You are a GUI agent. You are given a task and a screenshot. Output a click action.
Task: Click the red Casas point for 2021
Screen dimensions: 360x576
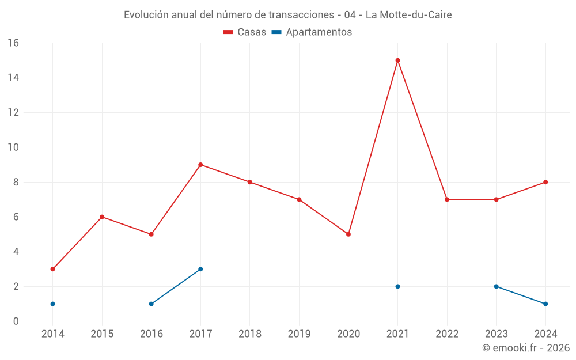pyautogui.click(x=397, y=60)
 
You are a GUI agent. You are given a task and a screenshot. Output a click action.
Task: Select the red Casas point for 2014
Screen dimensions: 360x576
pyautogui.click(x=52, y=269)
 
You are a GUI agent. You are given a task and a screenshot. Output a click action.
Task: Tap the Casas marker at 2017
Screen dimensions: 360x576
pyautogui.click(x=200, y=165)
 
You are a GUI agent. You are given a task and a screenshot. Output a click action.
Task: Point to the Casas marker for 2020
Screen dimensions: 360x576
pyautogui.click(x=348, y=234)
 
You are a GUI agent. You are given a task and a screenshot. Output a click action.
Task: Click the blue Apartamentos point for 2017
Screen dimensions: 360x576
pyautogui.click(x=200, y=269)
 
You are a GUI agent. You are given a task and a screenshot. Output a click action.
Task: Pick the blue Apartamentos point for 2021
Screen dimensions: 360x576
pyautogui.click(x=397, y=286)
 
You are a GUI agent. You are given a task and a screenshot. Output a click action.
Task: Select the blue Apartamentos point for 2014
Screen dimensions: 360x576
pyautogui.click(x=52, y=304)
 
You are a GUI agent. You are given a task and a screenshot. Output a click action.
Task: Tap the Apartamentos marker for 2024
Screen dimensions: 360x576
pyautogui.click(x=545, y=304)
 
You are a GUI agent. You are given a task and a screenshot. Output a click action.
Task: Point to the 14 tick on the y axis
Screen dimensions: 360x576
pyautogui.click(x=13, y=78)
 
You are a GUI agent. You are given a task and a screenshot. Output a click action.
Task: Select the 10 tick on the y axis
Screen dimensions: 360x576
pyautogui.click(x=13, y=147)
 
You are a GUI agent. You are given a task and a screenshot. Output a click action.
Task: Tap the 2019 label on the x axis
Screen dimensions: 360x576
pyautogui.click(x=299, y=334)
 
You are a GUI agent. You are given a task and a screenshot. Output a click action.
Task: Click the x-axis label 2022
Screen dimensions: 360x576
pyautogui.click(x=447, y=334)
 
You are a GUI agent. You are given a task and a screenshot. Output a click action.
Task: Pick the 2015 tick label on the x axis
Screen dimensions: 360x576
pyautogui.click(x=102, y=334)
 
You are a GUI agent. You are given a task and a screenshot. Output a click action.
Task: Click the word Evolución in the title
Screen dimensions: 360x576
pyautogui.click(x=146, y=14)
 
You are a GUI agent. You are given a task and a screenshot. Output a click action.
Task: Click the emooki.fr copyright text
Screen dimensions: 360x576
pyautogui.click(x=525, y=348)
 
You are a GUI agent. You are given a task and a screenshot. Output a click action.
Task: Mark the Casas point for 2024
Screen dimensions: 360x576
pyautogui.click(x=545, y=182)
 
